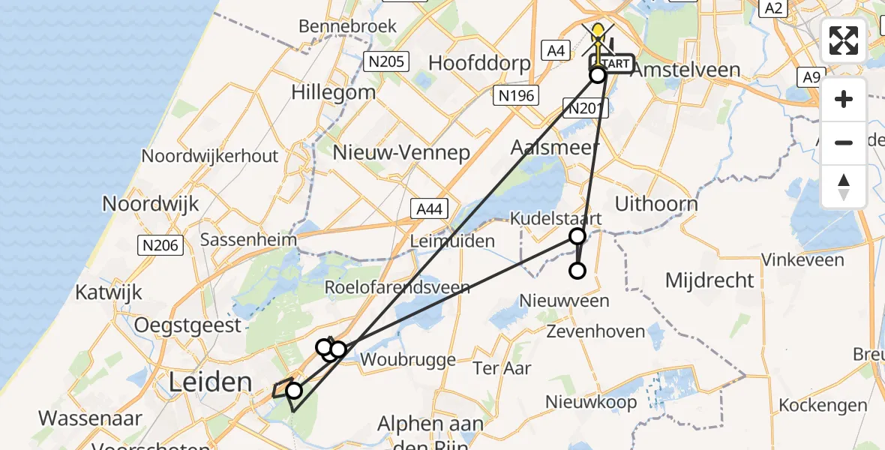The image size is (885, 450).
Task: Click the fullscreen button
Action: [x=844, y=40]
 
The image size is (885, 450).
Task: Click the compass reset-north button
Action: [x=844, y=187]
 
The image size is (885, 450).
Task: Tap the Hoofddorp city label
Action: [x=479, y=63]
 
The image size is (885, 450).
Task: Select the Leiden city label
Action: [x=210, y=382]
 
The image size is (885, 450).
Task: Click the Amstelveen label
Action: [x=685, y=70]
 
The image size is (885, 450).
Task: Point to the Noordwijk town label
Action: [x=151, y=203]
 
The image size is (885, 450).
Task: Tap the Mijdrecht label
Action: [x=709, y=280]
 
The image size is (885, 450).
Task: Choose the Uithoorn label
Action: [x=655, y=203]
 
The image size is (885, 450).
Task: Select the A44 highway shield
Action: [x=429, y=209]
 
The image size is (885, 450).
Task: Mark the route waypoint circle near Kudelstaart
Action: [x=577, y=237]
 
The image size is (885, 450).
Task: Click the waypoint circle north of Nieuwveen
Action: [x=577, y=271]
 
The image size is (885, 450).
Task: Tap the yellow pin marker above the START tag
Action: [x=598, y=33]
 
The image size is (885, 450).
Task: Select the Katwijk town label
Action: [x=109, y=292]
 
